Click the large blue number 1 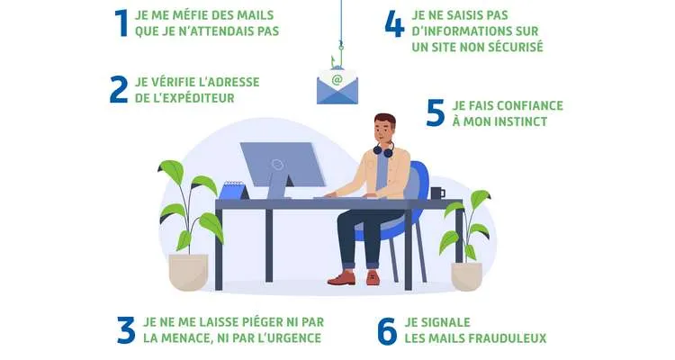pyautogui.click(x=122, y=22)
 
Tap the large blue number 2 pyautogui.click(x=118, y=89)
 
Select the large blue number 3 pyautogui.click(x=125, y=330)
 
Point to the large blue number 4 pyautogui.click(x=394, y=23)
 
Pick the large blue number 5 pyautogui.click(x=436, y=113)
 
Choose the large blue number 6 pyautogui.click(x=387, y=330)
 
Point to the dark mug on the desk pyautogui.click(x=436, y=193)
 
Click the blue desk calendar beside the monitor pyautogui.click(x=233, y=189)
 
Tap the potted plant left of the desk pyautogui.click(x=187, y=229)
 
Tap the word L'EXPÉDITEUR pyautogui.click(x=190, y=97)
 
